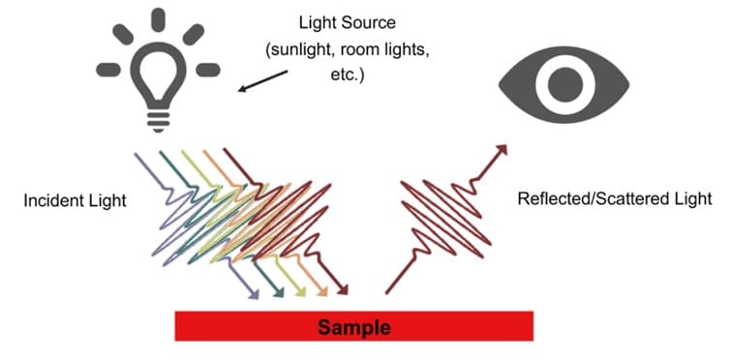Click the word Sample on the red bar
point(354,327)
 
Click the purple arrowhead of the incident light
point(254,291)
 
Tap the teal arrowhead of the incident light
point(279,291)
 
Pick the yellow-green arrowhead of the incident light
point(300,291)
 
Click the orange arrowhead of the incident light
point(321,291)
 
